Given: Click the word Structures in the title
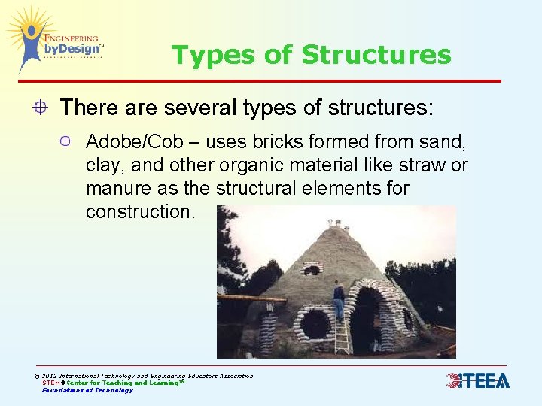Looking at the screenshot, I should [376, 55].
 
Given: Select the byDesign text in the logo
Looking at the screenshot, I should [72, 50].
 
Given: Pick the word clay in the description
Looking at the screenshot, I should [102, 165].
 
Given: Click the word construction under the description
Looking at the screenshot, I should [140, 211].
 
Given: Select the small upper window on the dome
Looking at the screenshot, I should [312, 268].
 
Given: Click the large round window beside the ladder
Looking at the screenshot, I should [315, 323].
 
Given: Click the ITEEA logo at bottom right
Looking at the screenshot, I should [477, 380].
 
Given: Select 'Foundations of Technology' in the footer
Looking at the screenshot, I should [87, 390].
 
